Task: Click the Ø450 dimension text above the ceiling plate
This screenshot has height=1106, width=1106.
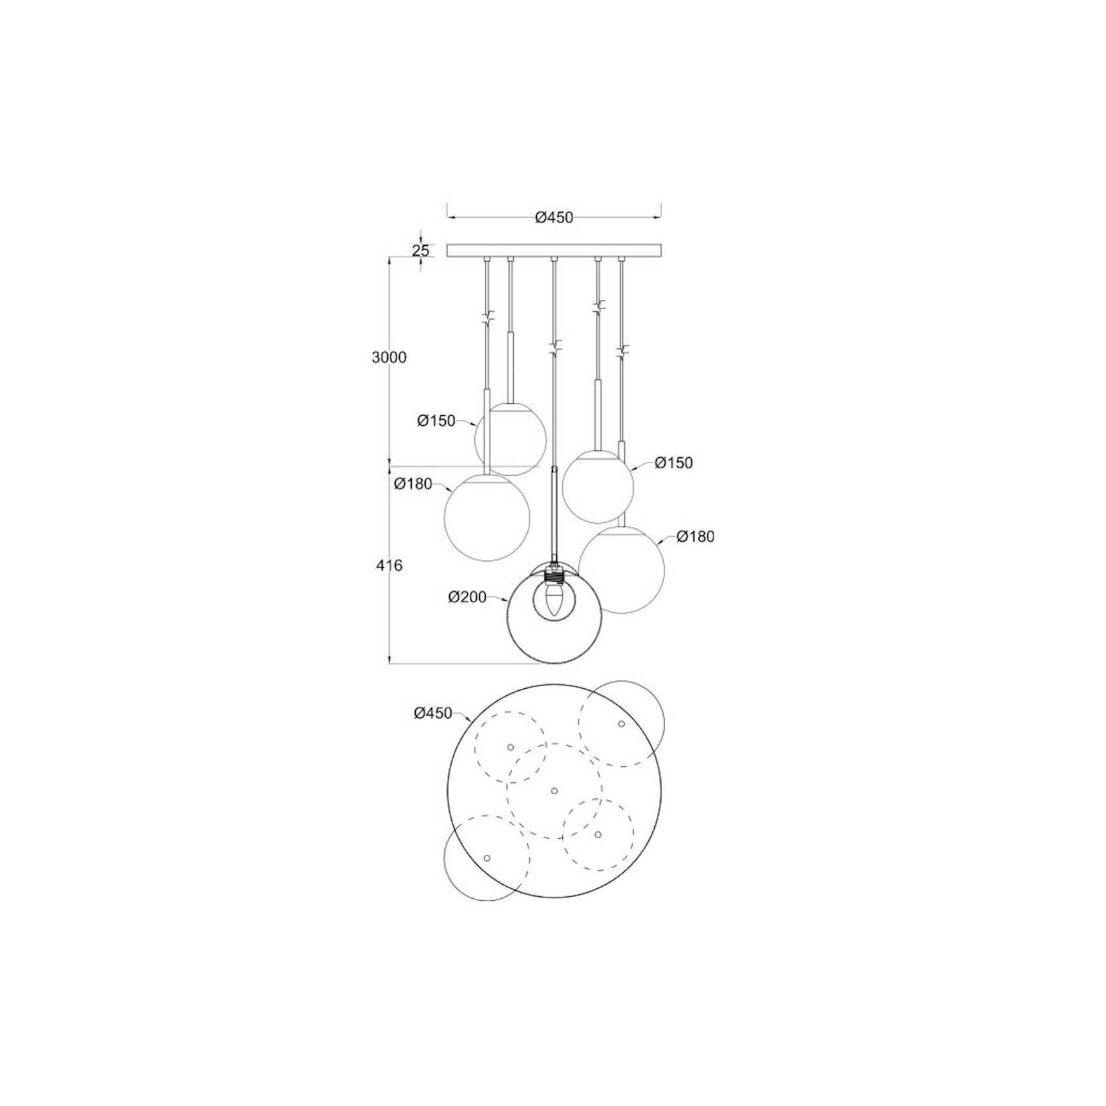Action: coord(554,217)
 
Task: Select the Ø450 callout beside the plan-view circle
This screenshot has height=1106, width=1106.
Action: coord(433,713)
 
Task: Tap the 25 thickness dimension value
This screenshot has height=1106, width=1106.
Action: coord(420,251)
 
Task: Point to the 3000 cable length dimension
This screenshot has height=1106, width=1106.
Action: coord(389,357)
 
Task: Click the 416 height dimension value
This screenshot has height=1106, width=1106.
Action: coord(389,566)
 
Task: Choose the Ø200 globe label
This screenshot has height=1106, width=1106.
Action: coord(468,598)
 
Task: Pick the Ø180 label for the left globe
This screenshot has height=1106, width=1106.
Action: coord(413,484)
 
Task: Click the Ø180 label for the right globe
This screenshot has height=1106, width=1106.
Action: coord(696,536)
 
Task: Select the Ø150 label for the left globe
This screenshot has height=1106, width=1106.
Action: coord(436,421)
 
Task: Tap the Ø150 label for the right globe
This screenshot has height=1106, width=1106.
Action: coord(674,463)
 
